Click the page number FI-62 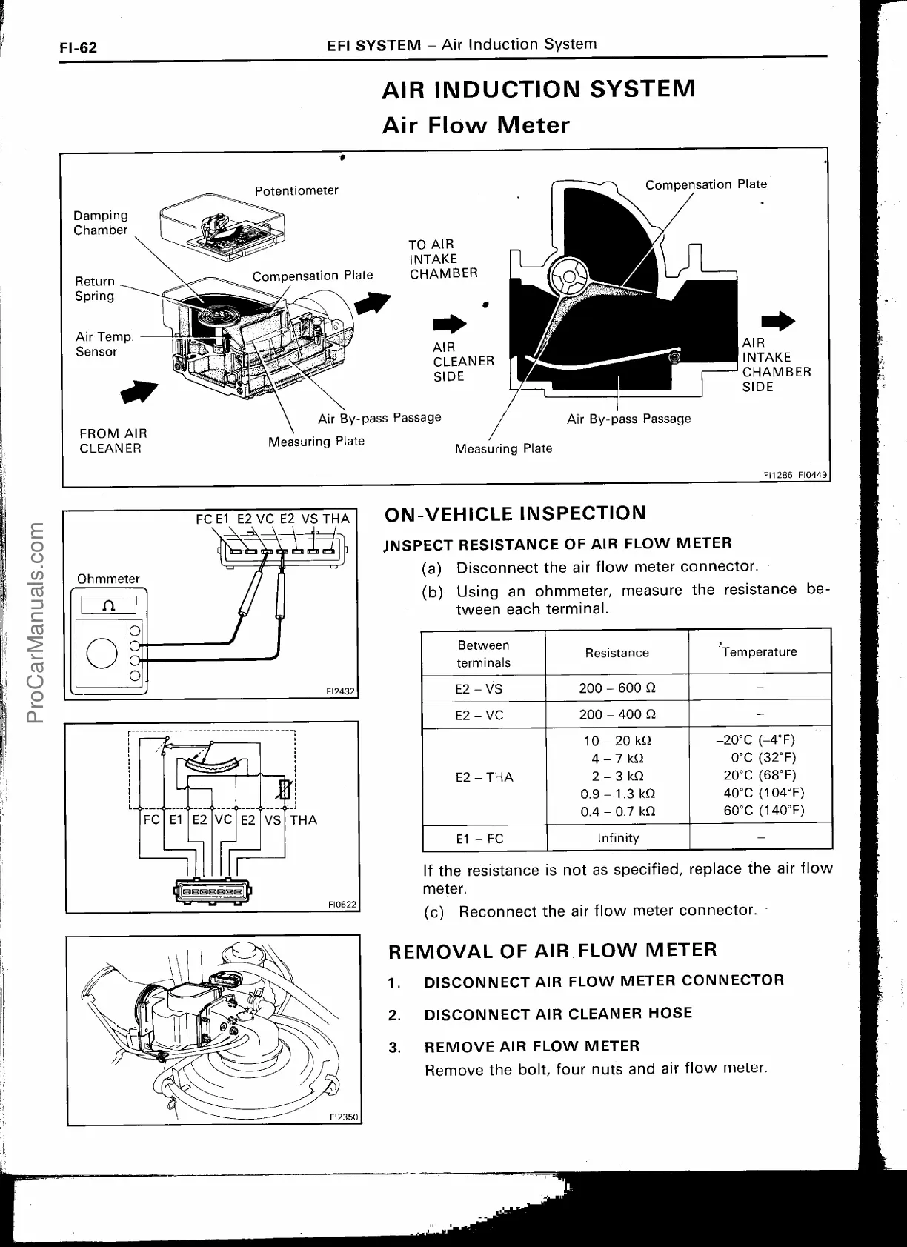click(78, 48)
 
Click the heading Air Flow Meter click(476, 125)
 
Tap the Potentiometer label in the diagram click(296, 190)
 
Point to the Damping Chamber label click(100, 222)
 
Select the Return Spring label click(95, 288)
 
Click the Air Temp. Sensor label click(104, 344)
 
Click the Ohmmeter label click(108, 579)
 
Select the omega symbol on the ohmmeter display click(109, 605)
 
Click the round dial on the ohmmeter click(102, 653)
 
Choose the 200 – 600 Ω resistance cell click(617, 688)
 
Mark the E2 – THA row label click(484, 777)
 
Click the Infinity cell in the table click(618, 838)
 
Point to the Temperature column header click(760, 652)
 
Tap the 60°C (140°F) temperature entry click(763, 810)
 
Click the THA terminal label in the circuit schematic click(304, 819)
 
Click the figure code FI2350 click(343, 1117)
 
